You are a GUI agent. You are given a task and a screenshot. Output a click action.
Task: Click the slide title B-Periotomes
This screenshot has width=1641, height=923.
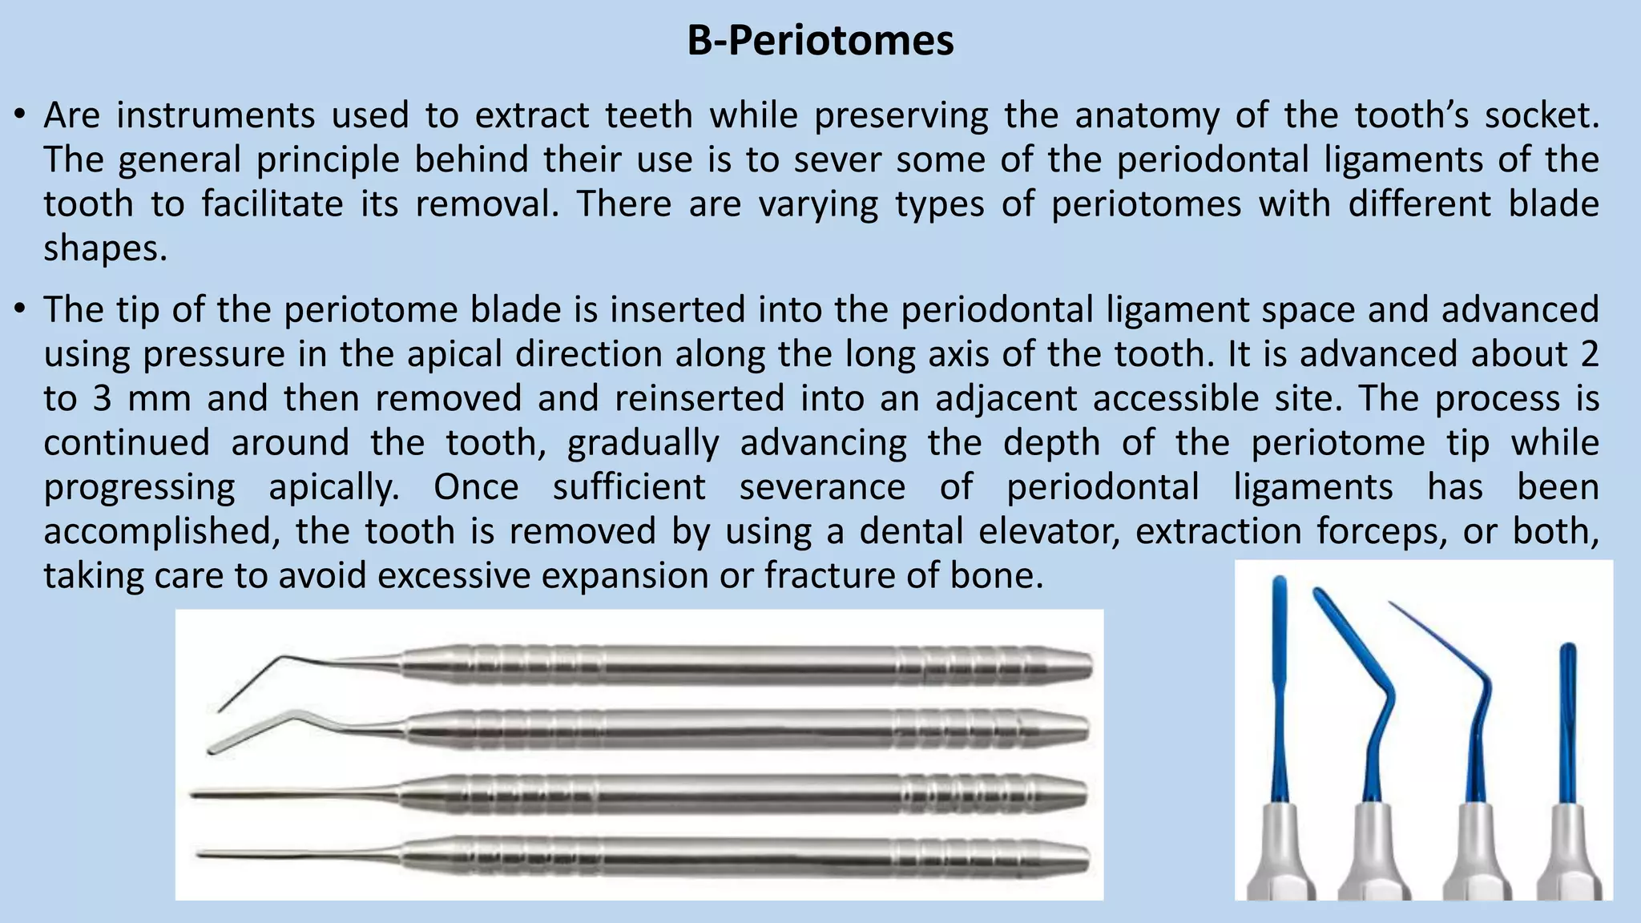pyautogui.click(x=820, y=40)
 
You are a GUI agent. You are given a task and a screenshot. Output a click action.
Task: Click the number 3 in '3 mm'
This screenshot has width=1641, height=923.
pyautogui.click(x=102, y=399)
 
